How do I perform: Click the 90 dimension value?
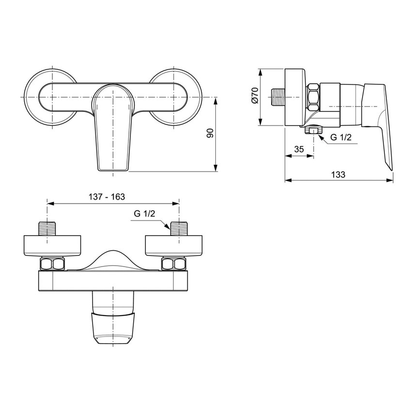point(210,134)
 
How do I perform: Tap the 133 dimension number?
point(339,174)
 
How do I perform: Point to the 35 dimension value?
point(299,149)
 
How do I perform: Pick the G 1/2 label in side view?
point(340,137)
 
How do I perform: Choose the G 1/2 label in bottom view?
point(143,214)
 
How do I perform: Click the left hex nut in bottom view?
point(52,264)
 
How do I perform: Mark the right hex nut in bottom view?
point(174,264)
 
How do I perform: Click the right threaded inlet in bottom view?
point(179,228)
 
